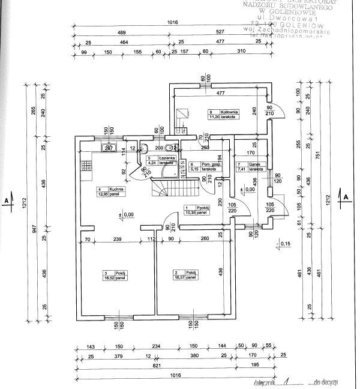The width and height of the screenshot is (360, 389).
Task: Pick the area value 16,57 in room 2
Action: pos(182,278)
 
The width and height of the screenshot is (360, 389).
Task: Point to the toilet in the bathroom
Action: pos(170,147)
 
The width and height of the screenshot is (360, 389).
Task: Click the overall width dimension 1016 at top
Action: pos(173,22)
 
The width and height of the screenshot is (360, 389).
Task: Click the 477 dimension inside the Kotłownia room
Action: pos(220,93)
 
